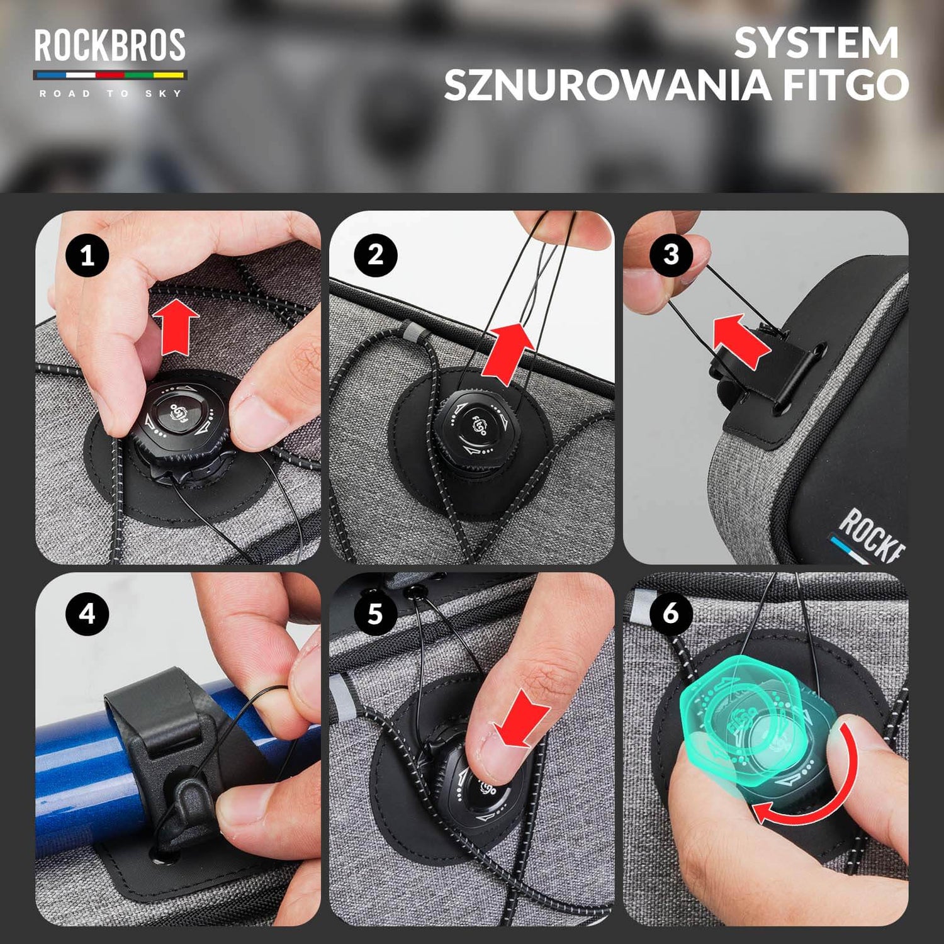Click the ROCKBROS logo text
(x=110, y=45)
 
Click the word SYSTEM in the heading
(x=816, y=43)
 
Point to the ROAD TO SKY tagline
(x=110, y=94)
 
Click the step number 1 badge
(x=87, y=256)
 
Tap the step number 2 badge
(x=375, y=255)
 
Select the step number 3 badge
(x=671, y=255)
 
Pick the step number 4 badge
(x=87, y=614)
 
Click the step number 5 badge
(x=375, y=614)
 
